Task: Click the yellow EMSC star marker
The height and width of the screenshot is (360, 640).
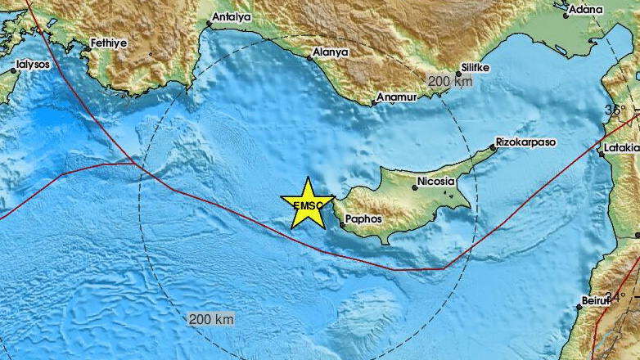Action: click(x=307, y=203)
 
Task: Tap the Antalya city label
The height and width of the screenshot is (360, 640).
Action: click(x=231, y=16)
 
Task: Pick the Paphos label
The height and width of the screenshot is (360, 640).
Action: click(x=363, y=219)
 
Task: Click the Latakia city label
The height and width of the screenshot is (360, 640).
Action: click(x=622, y=149)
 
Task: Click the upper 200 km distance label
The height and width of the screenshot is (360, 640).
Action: click(x=448, y=80)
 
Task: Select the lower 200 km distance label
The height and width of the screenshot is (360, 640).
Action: click(x=210, y=318)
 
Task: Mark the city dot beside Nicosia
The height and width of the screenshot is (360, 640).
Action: click(x=415, y=187)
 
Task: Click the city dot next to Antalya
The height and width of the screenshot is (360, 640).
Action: click(x=209, y=24)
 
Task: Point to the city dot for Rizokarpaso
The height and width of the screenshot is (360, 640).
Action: click(x=494, y=147)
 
